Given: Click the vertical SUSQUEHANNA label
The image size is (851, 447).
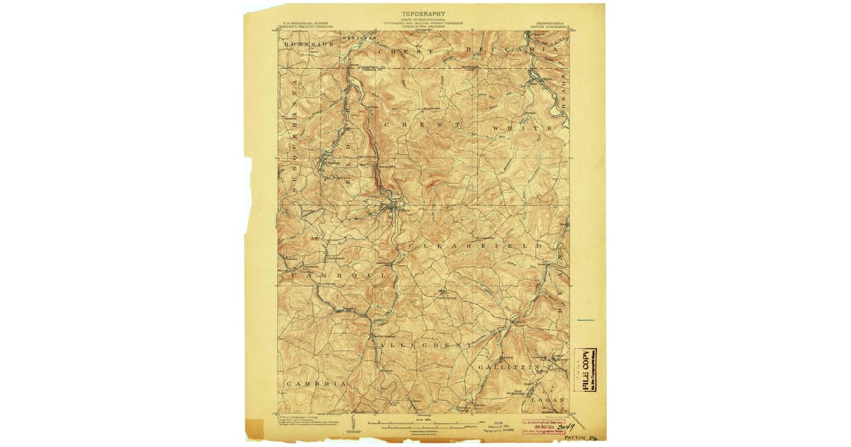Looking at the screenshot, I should [292, 135].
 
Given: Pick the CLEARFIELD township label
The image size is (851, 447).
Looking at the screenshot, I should [475, 245].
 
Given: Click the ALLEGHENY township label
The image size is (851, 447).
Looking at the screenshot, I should [425, 344].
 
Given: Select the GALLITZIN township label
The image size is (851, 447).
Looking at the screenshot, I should [509, 367].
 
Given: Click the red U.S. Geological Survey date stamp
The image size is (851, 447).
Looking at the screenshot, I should [547, 425].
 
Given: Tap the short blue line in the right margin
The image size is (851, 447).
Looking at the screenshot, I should [585, 320].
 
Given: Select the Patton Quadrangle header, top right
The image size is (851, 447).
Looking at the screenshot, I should [550, 22].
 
